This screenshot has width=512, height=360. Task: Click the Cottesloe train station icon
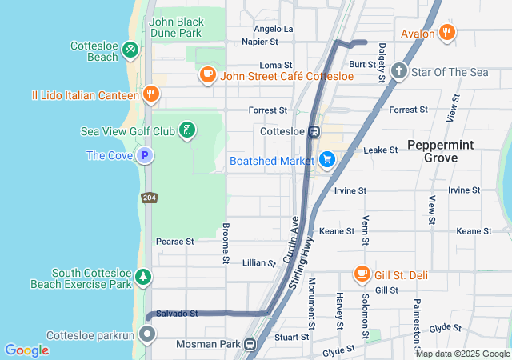(x=315, y=131)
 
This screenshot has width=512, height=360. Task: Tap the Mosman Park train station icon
(x=250, y=345)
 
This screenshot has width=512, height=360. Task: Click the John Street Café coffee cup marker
(x=208, y=76)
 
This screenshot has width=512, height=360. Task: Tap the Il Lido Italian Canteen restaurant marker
(x=151, y=95)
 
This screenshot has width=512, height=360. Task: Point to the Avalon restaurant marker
(x=448, y=34)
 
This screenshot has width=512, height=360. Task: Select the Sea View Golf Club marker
(x=186, y=130)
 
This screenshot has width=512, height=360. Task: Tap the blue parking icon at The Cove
(x=144, y=155)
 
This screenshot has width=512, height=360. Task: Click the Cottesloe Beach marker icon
(x=130, y=52)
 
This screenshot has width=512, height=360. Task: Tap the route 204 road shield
(x=151, y=197)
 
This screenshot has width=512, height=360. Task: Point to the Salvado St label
(x=177, y=314)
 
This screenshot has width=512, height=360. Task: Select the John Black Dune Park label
(x=175, y=28)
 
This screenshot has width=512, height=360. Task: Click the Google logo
(x=26, y=350)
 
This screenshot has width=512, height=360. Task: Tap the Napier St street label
(x=259, y=41)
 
